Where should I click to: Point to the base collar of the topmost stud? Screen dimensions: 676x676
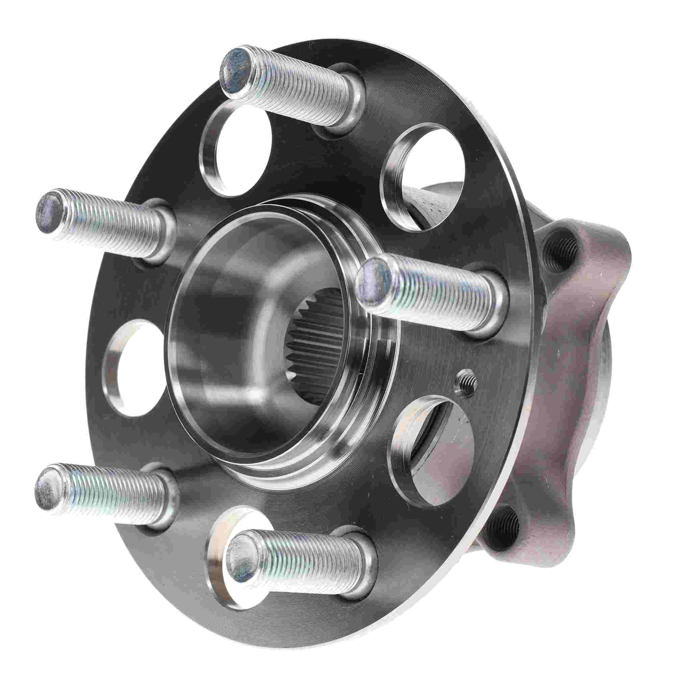341,105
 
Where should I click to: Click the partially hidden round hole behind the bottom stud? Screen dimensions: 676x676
224,535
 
